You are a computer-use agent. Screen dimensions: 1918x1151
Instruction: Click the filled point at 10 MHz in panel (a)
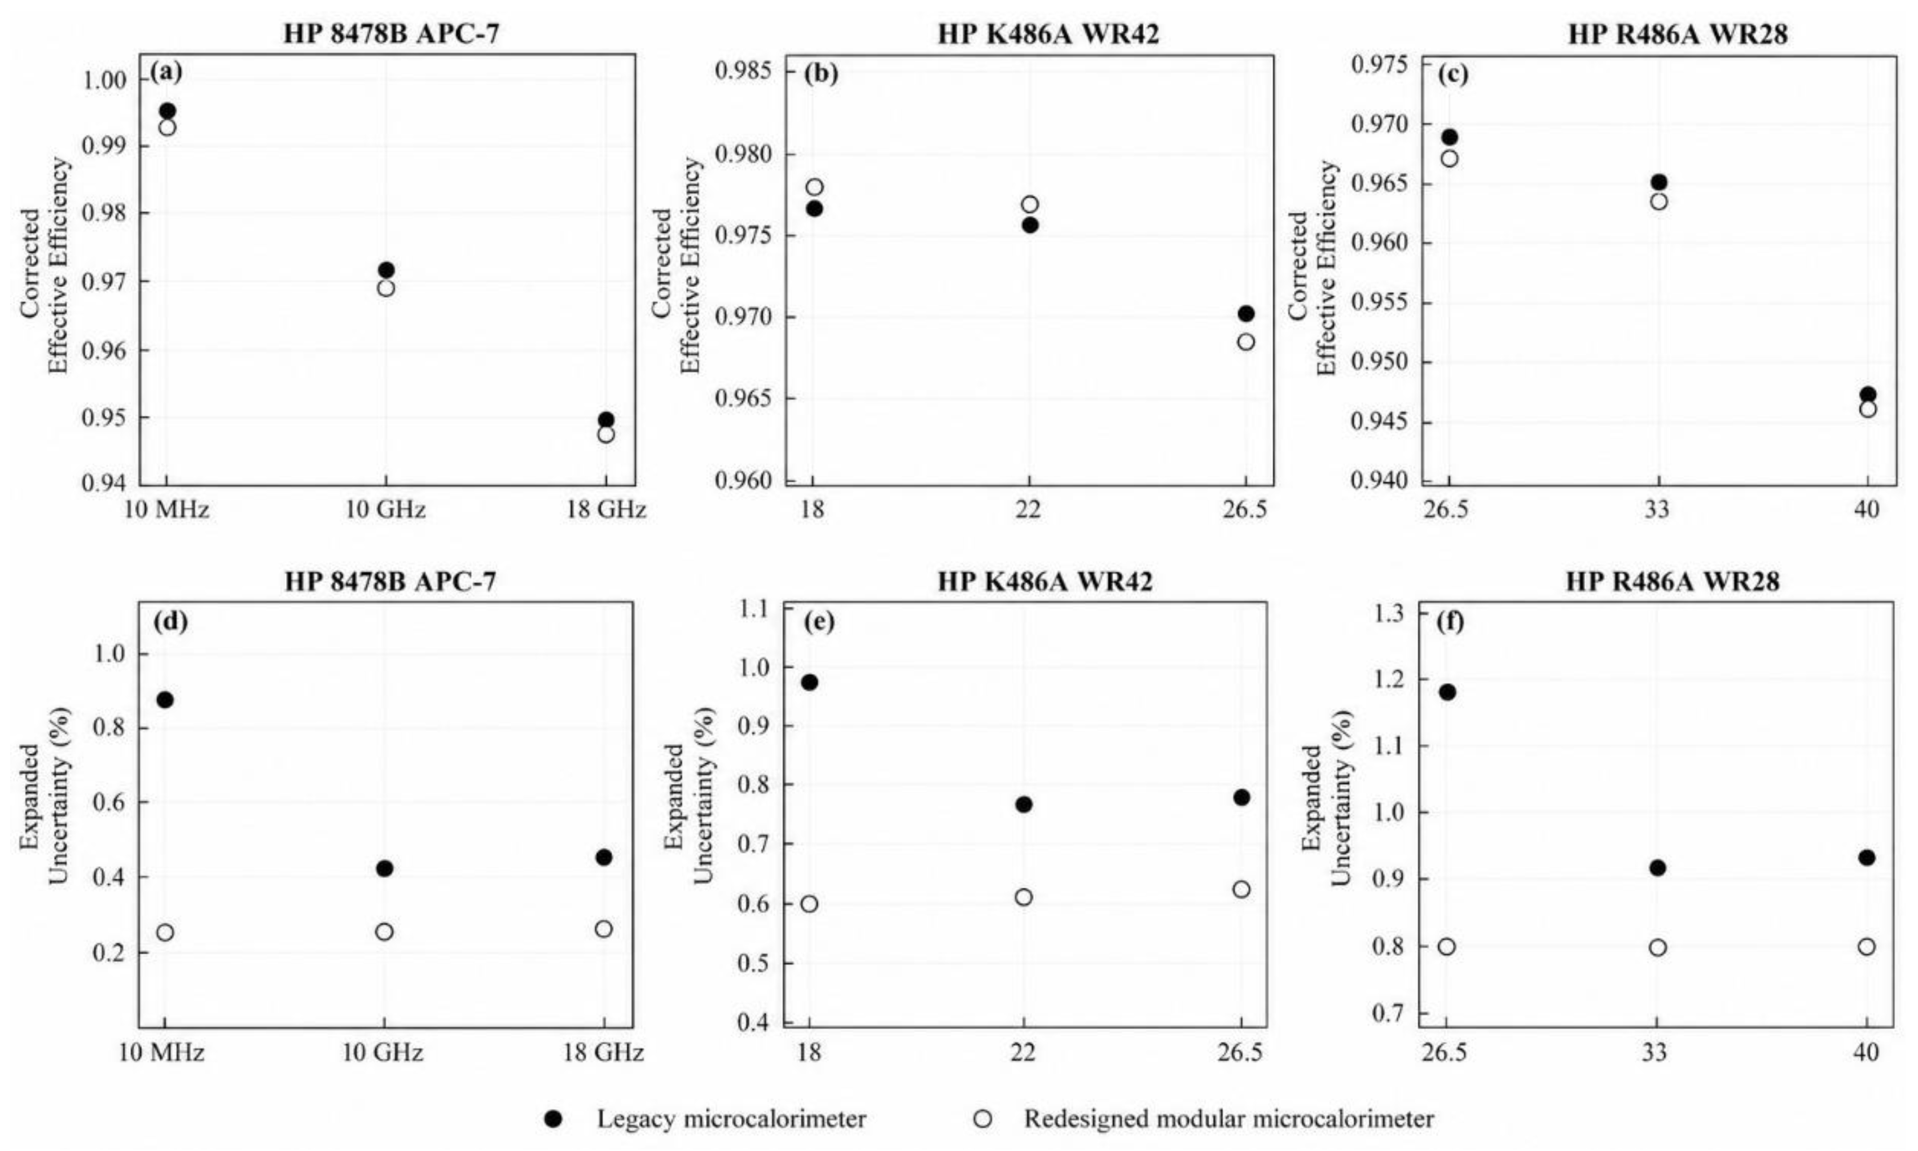click(x=168, y=111)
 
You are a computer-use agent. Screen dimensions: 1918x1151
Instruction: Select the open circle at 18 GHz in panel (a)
click(x=605, y=434)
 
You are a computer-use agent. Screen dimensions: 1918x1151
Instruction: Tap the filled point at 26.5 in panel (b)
click(x=1245, y=313)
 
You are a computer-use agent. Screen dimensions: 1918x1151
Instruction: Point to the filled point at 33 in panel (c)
click(x=1658, y=182)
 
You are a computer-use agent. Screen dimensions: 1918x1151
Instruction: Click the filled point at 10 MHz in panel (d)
click(x=164, y=700)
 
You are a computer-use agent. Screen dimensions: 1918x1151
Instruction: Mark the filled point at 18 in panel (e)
click(x=810, y=683)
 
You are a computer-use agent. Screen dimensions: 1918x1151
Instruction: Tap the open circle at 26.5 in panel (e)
click(x=1241, y=889)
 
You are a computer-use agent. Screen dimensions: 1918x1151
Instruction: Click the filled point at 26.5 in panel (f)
click(x=1446, y=692)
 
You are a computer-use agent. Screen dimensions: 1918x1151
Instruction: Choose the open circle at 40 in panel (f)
click(x=1866, y=947)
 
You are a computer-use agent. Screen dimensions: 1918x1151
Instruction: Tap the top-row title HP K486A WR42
click(x=1048, y=33)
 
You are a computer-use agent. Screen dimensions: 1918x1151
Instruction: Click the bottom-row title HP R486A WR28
click(x=1672, y=581)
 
